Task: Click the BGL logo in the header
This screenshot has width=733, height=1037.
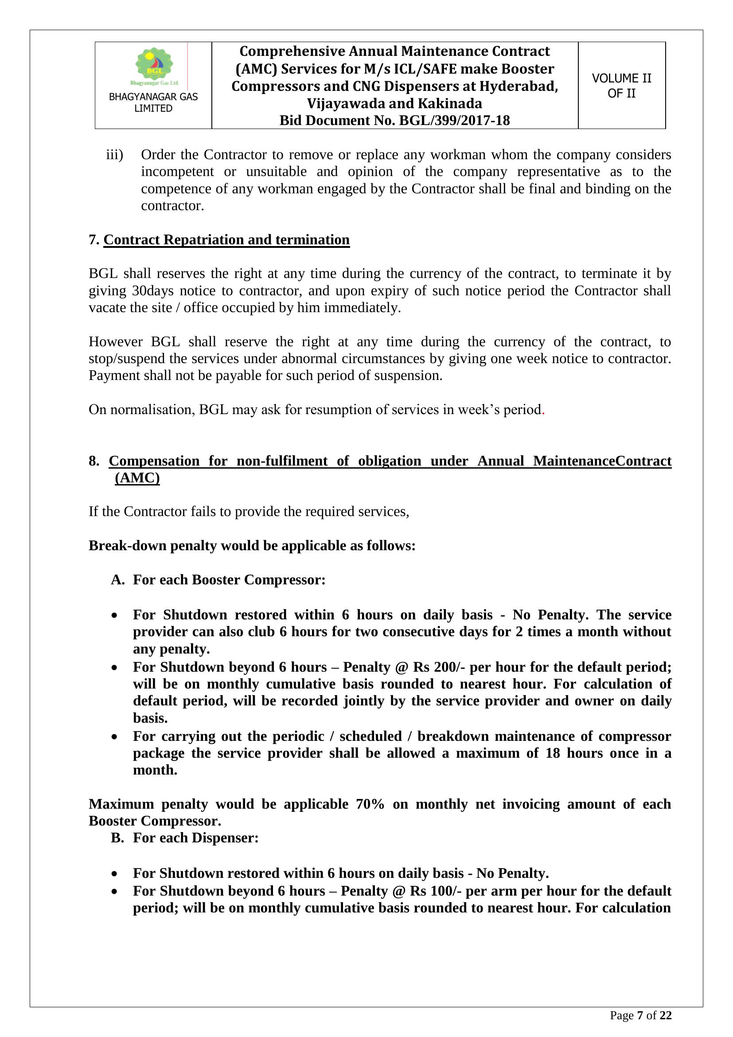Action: click(154, 66)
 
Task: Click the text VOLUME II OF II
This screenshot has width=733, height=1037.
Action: click(621, 86)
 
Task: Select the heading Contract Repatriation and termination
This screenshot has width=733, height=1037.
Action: click(226, 239)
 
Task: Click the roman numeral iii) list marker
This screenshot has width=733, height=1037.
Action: click(114, 154)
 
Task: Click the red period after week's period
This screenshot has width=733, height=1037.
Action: click(543, 410)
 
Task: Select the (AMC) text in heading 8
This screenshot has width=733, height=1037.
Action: click(137, 478)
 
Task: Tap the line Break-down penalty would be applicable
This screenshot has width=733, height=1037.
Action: click(251, 546)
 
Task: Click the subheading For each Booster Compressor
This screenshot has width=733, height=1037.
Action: click(229, 579)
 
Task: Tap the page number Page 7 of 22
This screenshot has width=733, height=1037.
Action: click(640, 1015)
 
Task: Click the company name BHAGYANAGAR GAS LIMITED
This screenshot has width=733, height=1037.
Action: click(153, 102)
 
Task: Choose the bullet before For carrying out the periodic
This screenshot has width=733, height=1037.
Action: click(115, 737)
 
